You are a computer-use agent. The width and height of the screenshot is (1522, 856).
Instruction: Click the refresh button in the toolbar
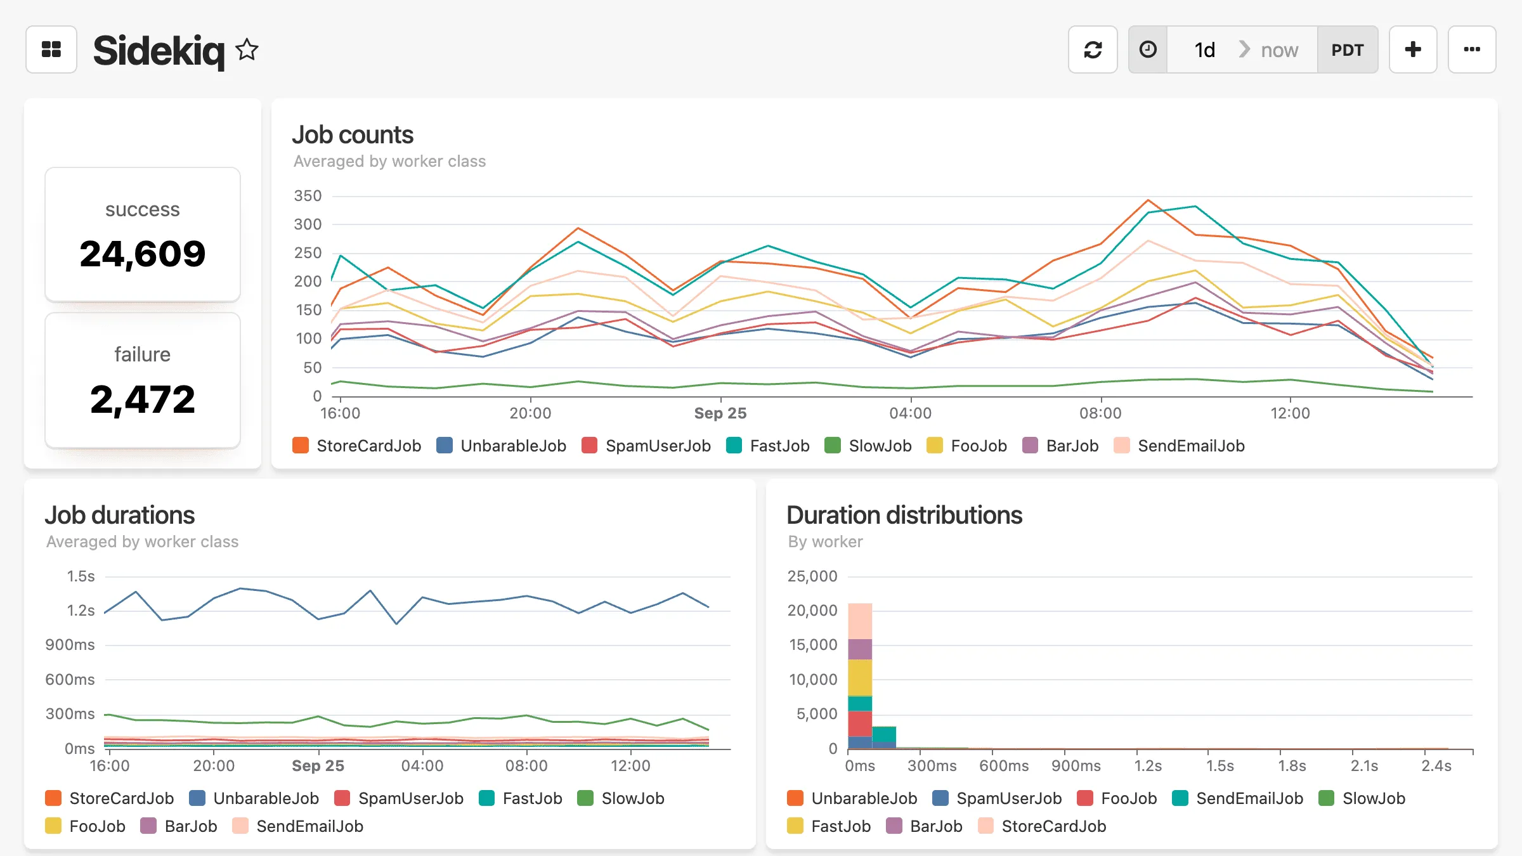click(x=1092, y=49)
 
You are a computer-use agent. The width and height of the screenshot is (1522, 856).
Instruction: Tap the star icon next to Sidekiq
click(x=247, y=49)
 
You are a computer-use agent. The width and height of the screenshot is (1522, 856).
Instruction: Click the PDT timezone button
click(x=1347, y=49)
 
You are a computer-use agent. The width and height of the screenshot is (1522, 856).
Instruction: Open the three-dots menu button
click(x=1471, y=49)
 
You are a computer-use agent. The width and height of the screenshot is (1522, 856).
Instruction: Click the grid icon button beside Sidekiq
click(x=51, y=49)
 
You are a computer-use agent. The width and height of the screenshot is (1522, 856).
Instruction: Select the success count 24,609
click(x=143, y=254)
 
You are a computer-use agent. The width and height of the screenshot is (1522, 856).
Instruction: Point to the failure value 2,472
click(x=143, y=399)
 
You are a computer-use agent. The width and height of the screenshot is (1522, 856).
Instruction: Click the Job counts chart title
click(x=353, y=134)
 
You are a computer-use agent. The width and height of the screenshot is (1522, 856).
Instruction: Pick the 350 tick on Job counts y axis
click(x=308, y=196)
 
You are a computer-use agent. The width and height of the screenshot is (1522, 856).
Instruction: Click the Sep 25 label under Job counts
click(x=720, y=413)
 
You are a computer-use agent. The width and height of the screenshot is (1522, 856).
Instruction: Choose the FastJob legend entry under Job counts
click(x=769, y=446)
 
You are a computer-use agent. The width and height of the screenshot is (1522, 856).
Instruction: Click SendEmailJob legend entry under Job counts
click(x=1180, y=446)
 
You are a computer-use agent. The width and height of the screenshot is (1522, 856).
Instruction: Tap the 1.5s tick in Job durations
click(x=81, y=576)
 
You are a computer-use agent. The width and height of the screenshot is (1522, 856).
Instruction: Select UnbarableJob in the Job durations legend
click(x=254, y=798)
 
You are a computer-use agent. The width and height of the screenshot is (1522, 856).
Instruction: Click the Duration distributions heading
click(x=904, y=515)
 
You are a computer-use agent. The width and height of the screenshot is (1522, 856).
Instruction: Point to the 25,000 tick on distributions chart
click(x=812, y=576)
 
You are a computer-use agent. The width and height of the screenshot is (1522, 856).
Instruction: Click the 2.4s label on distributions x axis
click(x=1436, y=766)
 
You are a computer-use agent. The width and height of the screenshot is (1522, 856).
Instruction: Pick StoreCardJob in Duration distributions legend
click(x=1043, y=826)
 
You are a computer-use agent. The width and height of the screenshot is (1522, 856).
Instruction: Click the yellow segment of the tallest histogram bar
click(x=860, y=677)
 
